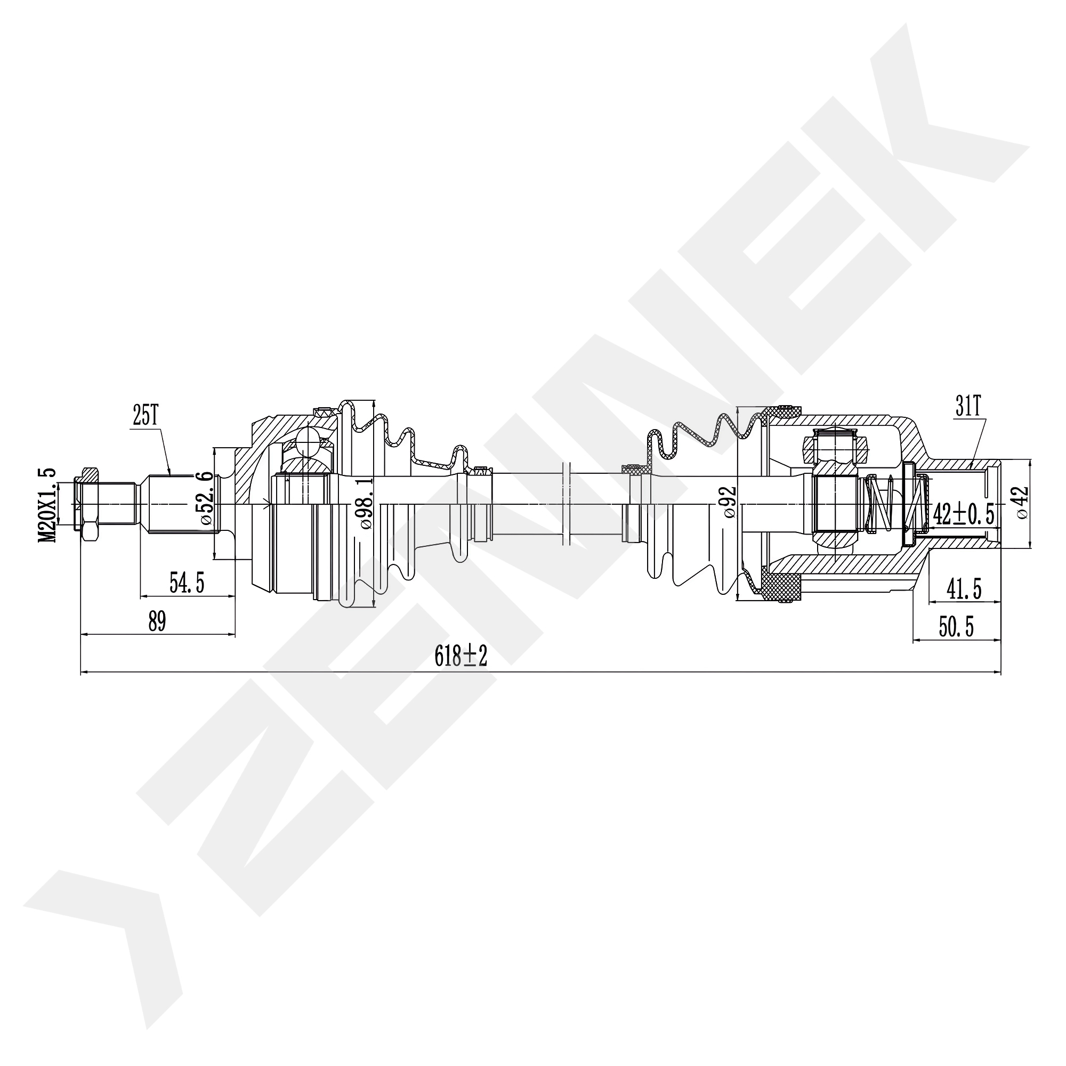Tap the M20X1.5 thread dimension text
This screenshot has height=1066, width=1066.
(x=48, y=505)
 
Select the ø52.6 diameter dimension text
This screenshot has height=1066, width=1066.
(x=204, y=491)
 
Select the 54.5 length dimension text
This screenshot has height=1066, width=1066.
(x=187, y=583)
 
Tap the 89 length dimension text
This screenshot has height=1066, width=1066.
(x=157, y=623)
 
